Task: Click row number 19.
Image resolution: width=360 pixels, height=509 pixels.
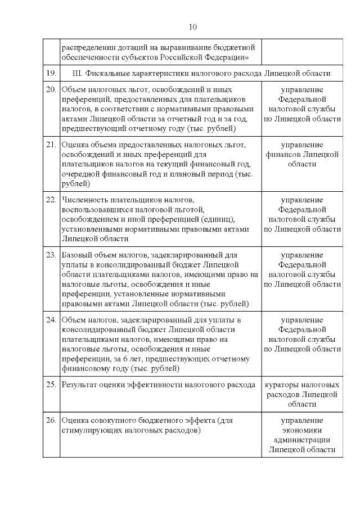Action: (51, 74)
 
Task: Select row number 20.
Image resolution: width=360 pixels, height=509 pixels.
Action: (51, 89)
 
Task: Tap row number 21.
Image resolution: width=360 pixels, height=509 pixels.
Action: (51, 144)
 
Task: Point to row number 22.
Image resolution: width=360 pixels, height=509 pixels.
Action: (51, 200)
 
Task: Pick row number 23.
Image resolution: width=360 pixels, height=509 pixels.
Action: (51, 254)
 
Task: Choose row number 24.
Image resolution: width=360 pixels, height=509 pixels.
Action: (51, 319)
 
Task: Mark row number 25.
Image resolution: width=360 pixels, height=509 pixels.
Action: (51, 385)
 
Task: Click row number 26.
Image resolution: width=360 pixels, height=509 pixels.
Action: (51, 420)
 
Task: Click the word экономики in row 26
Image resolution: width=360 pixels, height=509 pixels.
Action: (302, 430)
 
